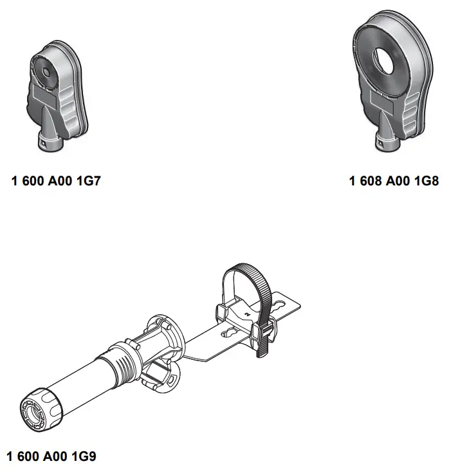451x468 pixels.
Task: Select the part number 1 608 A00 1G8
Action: [x=394, y=181]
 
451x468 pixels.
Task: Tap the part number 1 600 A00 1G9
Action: [x=50, y=456]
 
